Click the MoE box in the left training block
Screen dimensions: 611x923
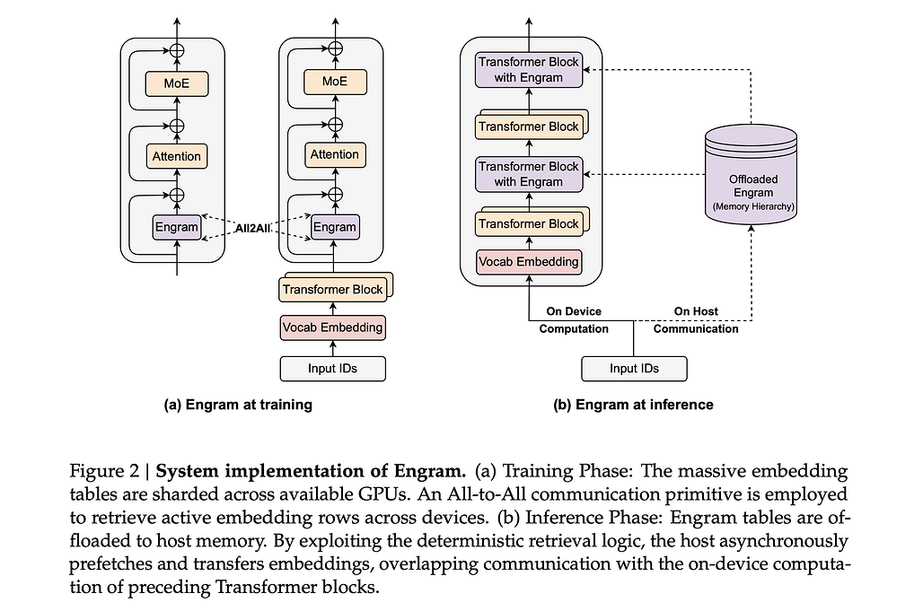pyautogui.click(x=176, y=85)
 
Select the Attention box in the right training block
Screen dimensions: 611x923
pyautogui.click(x=334, y=155)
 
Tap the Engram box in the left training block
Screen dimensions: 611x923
pyautogui.click(x=176, y=227)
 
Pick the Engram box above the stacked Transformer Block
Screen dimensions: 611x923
pyautogui.click(x=334, y=227)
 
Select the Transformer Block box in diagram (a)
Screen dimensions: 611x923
pyautogui.click(x=332, y=289)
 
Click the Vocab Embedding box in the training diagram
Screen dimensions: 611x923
pyautogui.click(x=332, y=327)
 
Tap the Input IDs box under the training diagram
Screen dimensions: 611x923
pyautogui.click(x=332, y=368)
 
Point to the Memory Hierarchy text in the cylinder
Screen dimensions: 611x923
pyautogui.click(x=752, y=207)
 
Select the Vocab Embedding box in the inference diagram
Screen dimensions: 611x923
pyautogui.click(x=529, y=262)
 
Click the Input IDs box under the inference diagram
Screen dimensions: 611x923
pyautogui.click(x=634, y=369)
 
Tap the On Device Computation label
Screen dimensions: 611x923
pyautogui.click(x=574, y=320)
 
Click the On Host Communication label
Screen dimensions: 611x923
pyautogui.click(x=696, y=320)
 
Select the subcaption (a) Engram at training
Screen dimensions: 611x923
pyautogui.click(x=238, y=405)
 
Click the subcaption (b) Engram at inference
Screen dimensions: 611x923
pyautogui.click(x=633, y=405)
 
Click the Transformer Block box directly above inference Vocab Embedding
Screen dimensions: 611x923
pyautogui.click(x=528, y=223)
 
